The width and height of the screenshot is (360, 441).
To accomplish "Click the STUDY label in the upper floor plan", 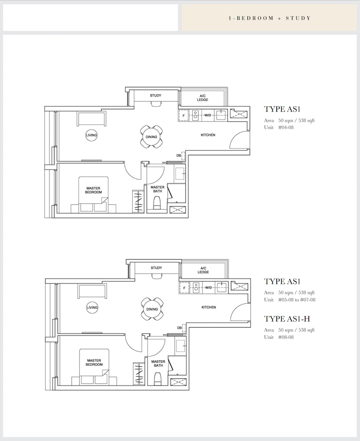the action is coord(156,95).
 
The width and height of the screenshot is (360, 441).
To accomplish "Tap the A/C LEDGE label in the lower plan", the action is coord(203,270).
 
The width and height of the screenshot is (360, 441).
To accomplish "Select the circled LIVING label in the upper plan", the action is coord(91,135).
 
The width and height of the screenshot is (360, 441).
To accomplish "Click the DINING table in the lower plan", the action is coord(152,309).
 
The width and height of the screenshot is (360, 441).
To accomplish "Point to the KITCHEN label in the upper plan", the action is coord(208,135).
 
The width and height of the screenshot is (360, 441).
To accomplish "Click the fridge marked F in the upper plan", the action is coord(184,116).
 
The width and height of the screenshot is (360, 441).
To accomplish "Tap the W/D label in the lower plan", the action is coord(208,288).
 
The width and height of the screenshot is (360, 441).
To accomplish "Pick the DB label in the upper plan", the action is coord(179,156).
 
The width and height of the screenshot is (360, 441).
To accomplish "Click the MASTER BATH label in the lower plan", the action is coord(158,364).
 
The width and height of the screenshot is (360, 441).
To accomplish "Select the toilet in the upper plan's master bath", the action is coord(157,203).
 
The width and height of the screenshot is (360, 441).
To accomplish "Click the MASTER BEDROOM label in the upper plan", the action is coord(94,190).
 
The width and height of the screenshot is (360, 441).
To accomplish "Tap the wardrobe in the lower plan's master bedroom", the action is coord(139,374).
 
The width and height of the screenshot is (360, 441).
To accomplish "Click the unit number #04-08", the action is coord(286,127).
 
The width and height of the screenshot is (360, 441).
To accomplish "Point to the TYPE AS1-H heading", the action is coord(287,319).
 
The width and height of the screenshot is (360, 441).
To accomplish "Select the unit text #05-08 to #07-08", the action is coord(297,300).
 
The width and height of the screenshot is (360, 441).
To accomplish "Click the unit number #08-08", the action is coord(286,337).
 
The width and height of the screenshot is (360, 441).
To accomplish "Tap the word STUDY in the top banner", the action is coord(298,18).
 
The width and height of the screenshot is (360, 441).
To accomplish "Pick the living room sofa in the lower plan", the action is coord(92,292).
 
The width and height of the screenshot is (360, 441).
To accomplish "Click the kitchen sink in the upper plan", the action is coord(221,115).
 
